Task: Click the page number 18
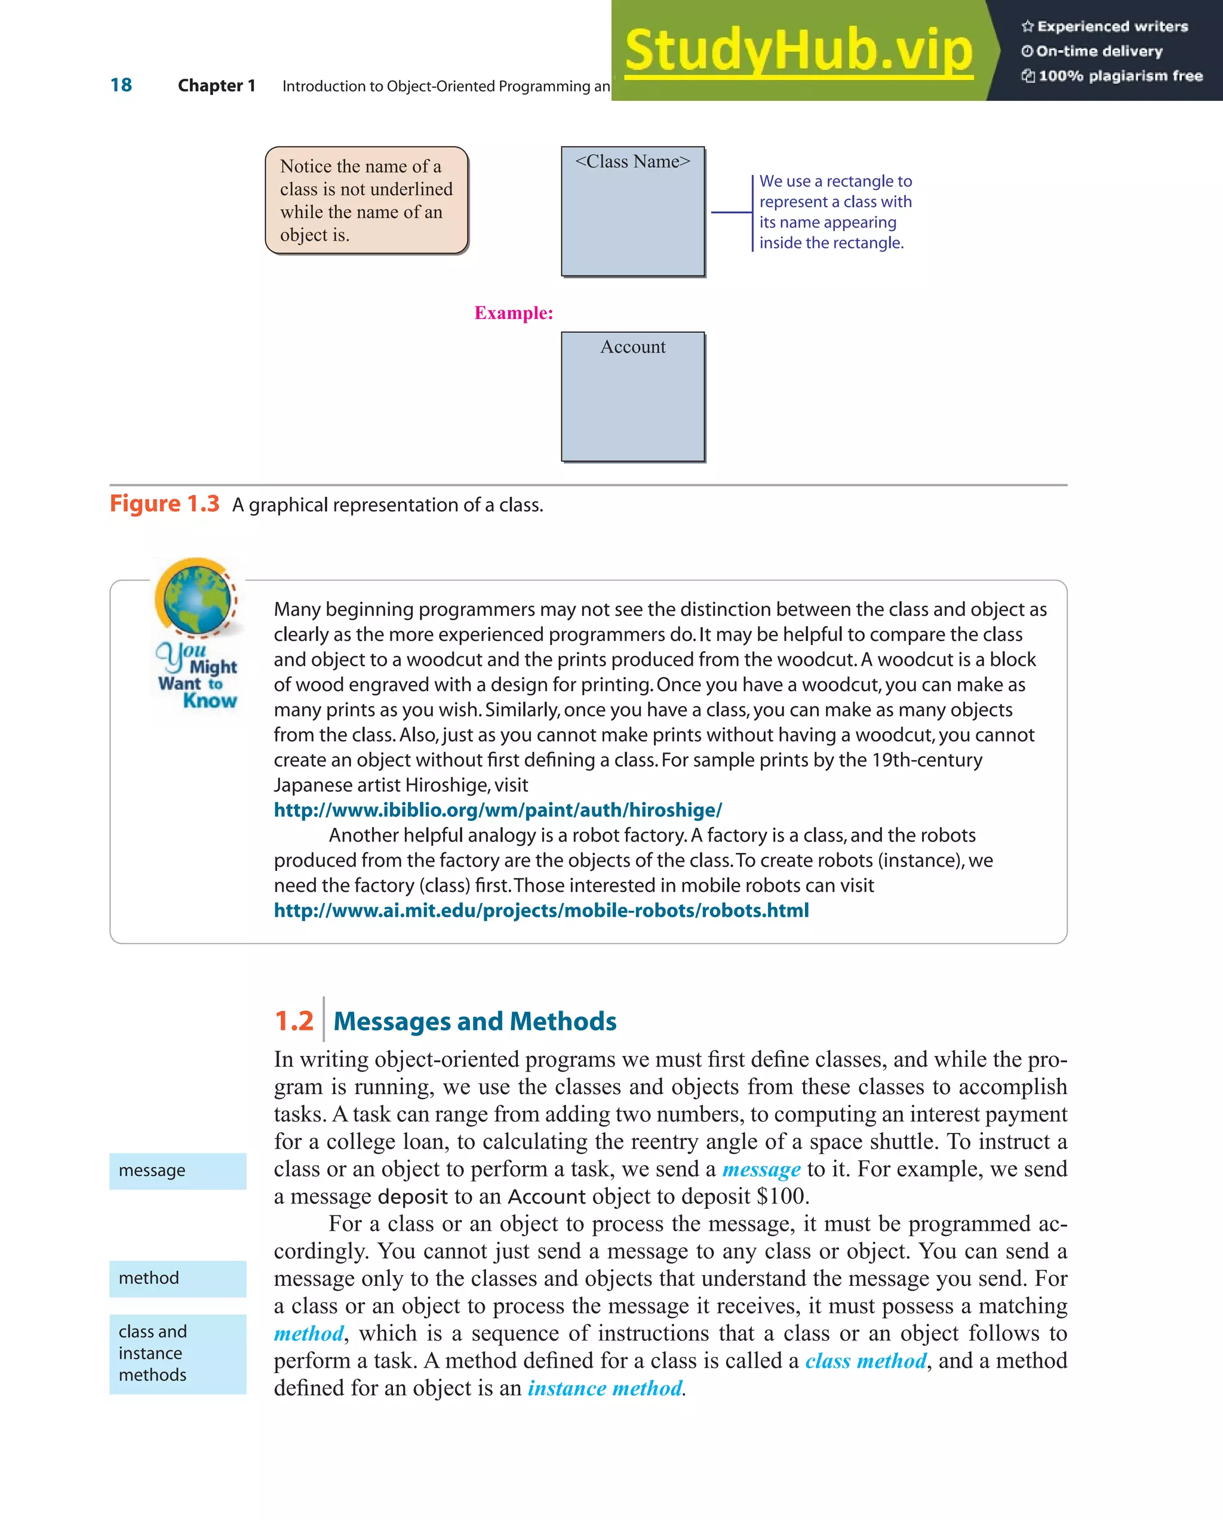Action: [x=121, y=85]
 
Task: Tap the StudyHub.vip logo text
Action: [x=798, y=50]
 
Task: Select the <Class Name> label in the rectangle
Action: [x=632, y=161]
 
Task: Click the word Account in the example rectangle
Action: [x=632, y=347]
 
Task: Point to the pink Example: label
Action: [x=513, y=313]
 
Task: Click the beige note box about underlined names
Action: [x=367, y=200]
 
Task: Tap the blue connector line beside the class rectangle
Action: [x=731, y=211]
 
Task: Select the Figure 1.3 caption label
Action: [x=164, y=504]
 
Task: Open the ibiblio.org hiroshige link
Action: [x=497, y=810]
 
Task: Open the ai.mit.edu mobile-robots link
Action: [x=540, y=910]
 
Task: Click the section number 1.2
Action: [x=293, y=1021]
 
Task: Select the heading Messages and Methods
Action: [x=474, y=1021]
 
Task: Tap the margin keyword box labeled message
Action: [x=177, y=1171]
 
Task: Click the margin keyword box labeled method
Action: [x=177, y=1278]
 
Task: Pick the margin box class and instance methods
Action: [x=177, y=1353]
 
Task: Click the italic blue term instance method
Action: [x=605, y=1388]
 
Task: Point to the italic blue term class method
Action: [x=866, y=1361]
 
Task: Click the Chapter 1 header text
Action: [x=216, y=86]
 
